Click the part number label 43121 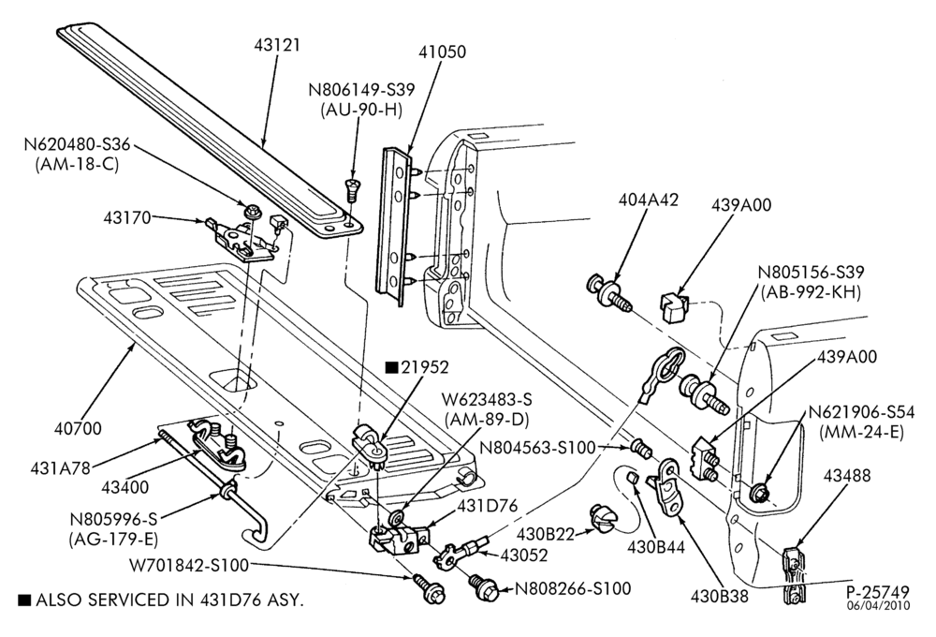point(276,45)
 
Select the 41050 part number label point(443,52)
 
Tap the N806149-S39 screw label point(361,90)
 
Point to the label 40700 point(79,428)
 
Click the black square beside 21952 point(391,367)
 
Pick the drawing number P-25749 point(878,592)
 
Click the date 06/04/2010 point(878,605)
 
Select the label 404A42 point(648,200)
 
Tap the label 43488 point(847,476)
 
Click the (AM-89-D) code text point(487,420)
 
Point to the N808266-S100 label point(573,588)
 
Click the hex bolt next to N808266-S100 point(484,586)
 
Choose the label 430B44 point(656,546)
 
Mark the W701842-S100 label point(189,565)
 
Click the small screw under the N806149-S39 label point(352,189)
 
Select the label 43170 point(127,217)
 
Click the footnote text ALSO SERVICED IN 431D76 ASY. point(169,600)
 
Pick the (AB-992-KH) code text point(811,292)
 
